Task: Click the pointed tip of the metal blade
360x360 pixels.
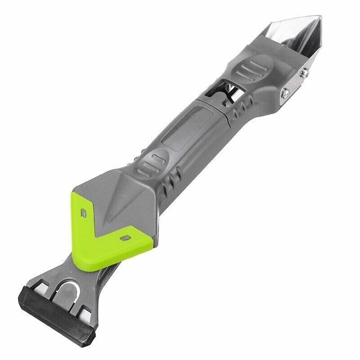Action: pyautogui.click(x=320, y=18)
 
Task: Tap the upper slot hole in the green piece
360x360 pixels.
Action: pyautogui.click(x=83, y=210)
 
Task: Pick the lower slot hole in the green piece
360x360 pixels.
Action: pyautogui.click(x=125, y=236)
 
